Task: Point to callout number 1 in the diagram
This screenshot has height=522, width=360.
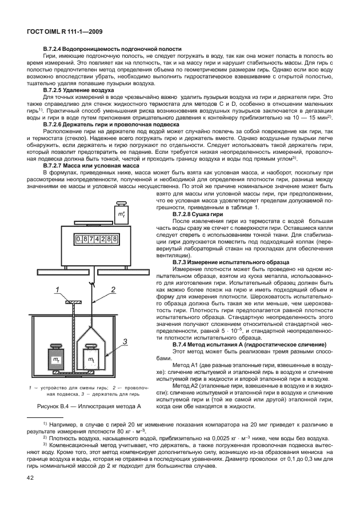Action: coord(58,290)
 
